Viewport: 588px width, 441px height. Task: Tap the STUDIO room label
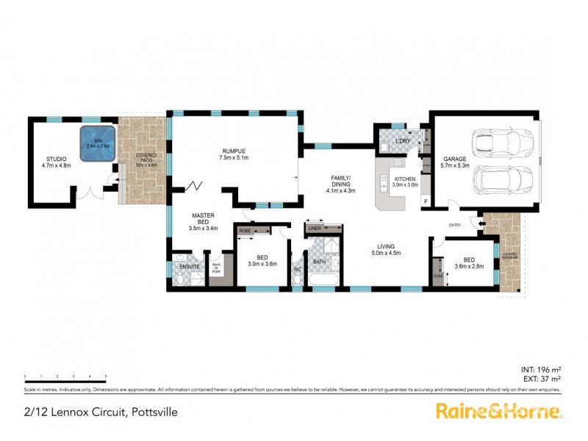point(55,159)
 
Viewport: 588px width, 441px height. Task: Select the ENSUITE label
point(190,265)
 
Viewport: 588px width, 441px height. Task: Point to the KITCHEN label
point(406,179)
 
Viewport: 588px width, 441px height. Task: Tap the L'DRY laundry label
point(401,140)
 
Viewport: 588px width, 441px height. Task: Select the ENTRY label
point(456,226)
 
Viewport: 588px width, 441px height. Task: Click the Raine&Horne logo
point(499,411)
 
